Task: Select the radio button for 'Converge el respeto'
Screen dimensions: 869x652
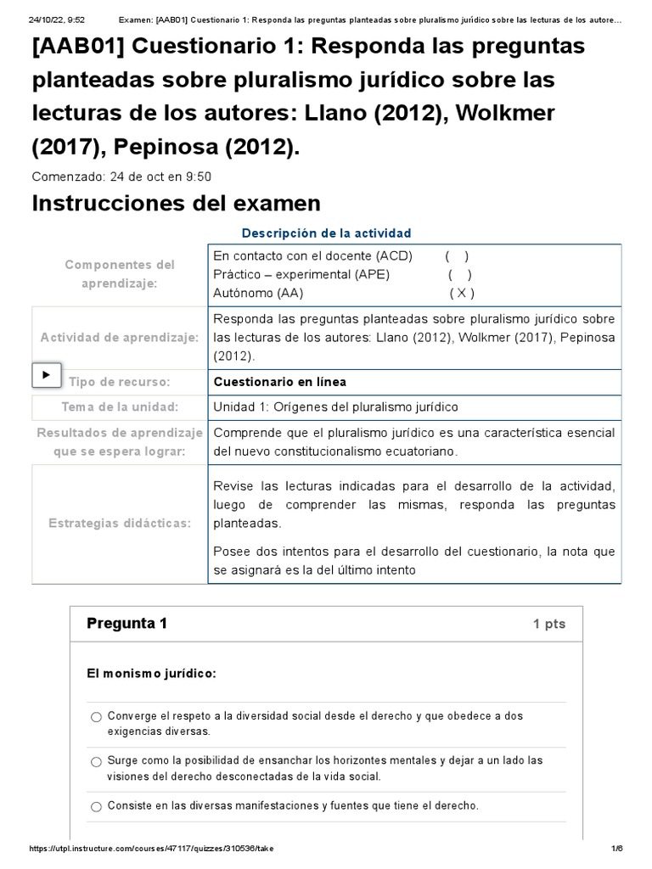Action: (96, 717)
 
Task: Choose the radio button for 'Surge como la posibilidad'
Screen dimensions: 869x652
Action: (96, 761)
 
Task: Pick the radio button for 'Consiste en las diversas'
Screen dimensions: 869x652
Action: (96, 806)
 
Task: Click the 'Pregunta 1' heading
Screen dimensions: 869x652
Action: (127, 624)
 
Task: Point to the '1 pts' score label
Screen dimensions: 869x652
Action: (548, 625)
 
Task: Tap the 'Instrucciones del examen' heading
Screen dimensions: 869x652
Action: (176, 204)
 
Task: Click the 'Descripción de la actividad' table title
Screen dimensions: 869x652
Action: (326, 233)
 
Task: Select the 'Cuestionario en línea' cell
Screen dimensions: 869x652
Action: (279, 382)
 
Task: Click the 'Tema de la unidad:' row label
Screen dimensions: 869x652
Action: (119, 406)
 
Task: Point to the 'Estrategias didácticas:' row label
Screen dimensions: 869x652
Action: (119, 524)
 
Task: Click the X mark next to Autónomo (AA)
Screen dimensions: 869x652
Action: (461, 293)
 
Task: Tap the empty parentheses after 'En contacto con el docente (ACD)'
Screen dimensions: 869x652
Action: (457, 255)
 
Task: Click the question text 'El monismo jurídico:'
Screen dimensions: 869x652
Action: (152, 674)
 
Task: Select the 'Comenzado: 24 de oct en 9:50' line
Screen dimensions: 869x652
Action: (121, 177)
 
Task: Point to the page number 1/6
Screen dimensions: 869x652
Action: (617, 849)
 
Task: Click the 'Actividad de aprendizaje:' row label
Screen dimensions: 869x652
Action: (119, 338)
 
